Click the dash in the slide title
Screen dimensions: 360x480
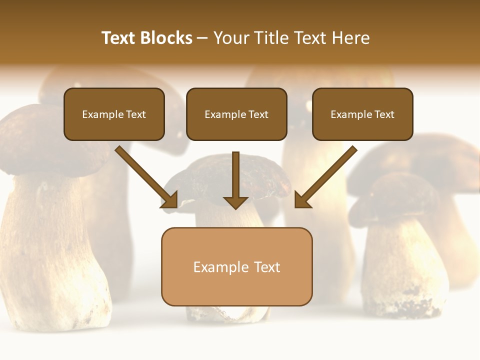(202, 38)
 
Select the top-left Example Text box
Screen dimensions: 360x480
(114, 114)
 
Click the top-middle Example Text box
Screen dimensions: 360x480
(236, 114)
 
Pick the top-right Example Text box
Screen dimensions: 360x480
(362, 114)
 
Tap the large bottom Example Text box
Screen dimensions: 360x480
(236, 266)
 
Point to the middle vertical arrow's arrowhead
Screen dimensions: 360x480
(235, 202)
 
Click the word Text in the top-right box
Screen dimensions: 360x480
(384, 114)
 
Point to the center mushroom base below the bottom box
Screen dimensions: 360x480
(227, 313)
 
